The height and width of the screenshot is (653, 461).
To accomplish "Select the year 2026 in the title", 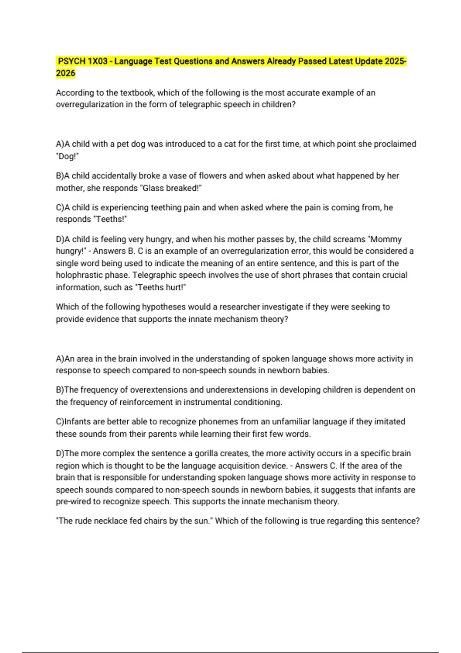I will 66,73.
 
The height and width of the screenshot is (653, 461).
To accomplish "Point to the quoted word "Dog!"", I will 67,156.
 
